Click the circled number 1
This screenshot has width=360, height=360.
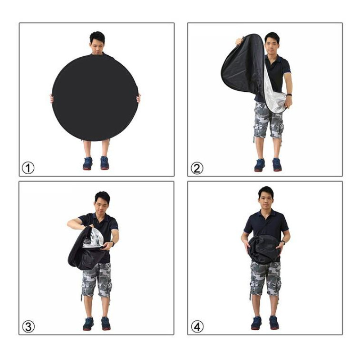click(28, 168)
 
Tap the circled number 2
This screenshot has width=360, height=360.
click(197, 168)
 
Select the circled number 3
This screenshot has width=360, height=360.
click(28, 327)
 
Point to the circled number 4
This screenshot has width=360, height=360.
click(197, 327)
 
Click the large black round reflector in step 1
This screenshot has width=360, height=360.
click(95, 98)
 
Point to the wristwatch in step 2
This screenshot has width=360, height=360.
click(289, 95)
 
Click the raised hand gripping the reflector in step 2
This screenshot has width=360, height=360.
click(239, 41)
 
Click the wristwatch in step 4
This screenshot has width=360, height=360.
click(283, 243)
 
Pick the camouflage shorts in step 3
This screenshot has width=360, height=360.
click(97, 280)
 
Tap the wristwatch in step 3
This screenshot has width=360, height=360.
click(113, 244)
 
